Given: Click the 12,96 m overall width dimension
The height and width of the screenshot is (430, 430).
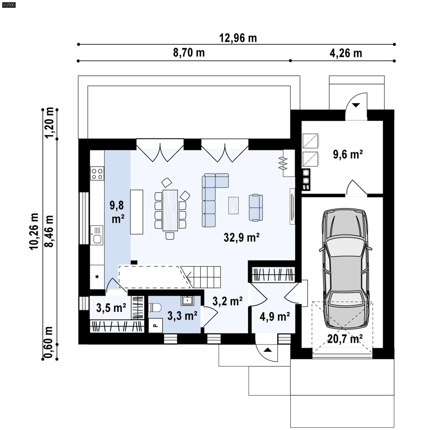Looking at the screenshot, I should coord(238,38).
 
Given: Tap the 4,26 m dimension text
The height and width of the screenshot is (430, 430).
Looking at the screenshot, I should coord(346,53).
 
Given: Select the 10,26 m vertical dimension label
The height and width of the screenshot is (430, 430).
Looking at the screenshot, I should coord(34,231).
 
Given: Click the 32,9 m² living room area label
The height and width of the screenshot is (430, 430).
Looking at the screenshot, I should coord(241,238).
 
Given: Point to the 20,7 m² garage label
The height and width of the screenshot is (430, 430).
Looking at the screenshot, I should coord(345,339).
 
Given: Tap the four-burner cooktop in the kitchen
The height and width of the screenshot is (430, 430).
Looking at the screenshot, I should coord(97,173).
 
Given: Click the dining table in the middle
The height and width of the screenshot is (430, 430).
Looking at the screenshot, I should coord(170,210).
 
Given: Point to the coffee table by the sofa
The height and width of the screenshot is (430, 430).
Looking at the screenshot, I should coord(233,205).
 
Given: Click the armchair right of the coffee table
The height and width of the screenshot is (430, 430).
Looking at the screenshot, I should coord(256,207).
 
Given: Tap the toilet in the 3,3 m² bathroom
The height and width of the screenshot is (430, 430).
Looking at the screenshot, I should coord(155,307).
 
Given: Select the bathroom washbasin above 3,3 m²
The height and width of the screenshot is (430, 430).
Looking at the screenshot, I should coord(187,300).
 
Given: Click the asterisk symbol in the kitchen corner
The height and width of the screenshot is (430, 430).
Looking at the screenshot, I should coord(97,277).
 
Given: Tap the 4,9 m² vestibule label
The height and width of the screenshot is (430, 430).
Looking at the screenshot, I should coord(274,317).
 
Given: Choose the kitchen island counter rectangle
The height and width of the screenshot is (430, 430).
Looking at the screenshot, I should coord(137,212).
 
